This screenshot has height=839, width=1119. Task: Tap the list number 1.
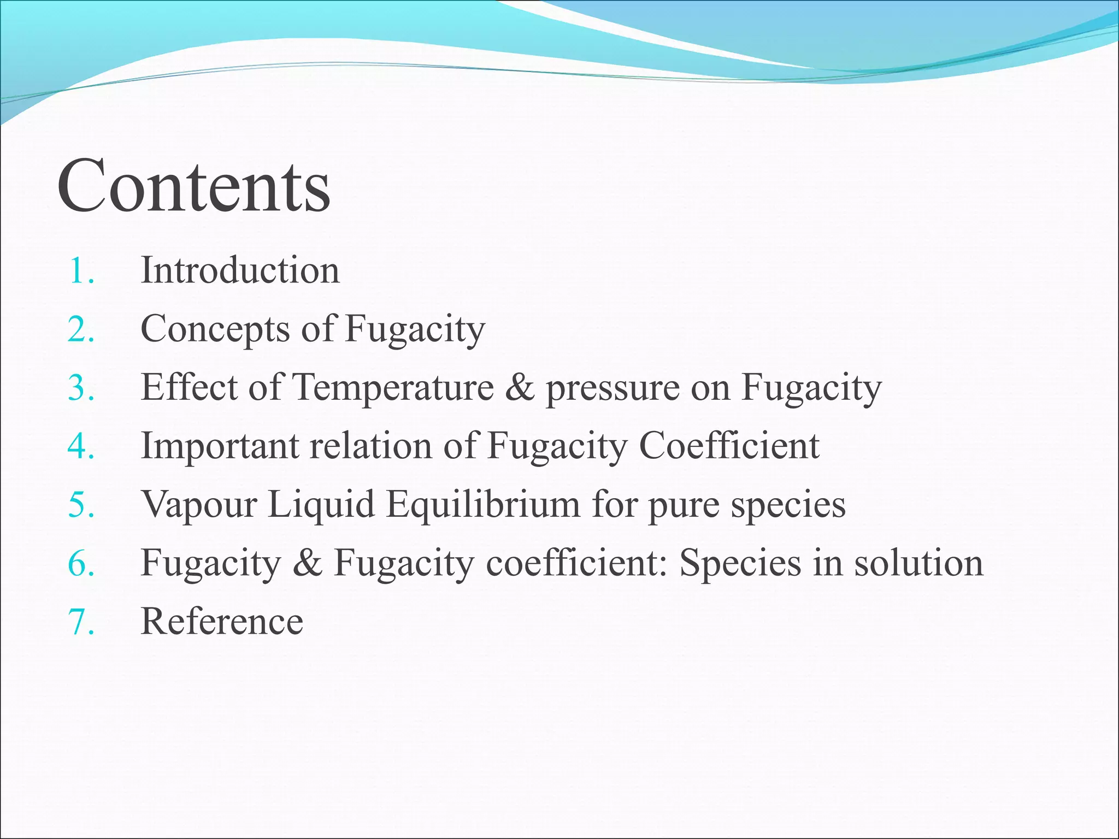pyautogui.click(x=80, y=271)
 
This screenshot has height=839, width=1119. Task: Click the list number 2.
pyautogui.click(x=80, y=329)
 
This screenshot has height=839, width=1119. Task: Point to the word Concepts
pyautogui.click(x=215, y=330)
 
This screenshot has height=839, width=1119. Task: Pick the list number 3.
pyautogui.click(x=80, y=388)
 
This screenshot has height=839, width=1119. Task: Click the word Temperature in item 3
pyautogui.click(x=393, y=388)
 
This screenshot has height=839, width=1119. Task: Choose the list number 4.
pyautogui.click(x=80, y=446)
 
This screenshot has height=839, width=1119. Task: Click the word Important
pyautogui.click(x=220, y=446)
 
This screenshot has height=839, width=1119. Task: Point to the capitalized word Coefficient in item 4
pyautogui.click(x=729, y=446)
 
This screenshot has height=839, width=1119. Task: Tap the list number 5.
pyautogui.click(x=80, y=505)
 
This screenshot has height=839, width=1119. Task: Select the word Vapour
pyautogui.click(x=199, y=505)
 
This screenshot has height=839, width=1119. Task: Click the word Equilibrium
pyautogui.click(x=483, y=505)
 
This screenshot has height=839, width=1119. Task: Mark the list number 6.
pyautogui.click(x=80, y=563)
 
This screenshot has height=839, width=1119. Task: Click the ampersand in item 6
pyautogui.click(x=307, y=563)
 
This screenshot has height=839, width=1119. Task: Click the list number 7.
pyautogui.click(x=80, y=622)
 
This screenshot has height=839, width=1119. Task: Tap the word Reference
pyautogui.click(x=222, y=622)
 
